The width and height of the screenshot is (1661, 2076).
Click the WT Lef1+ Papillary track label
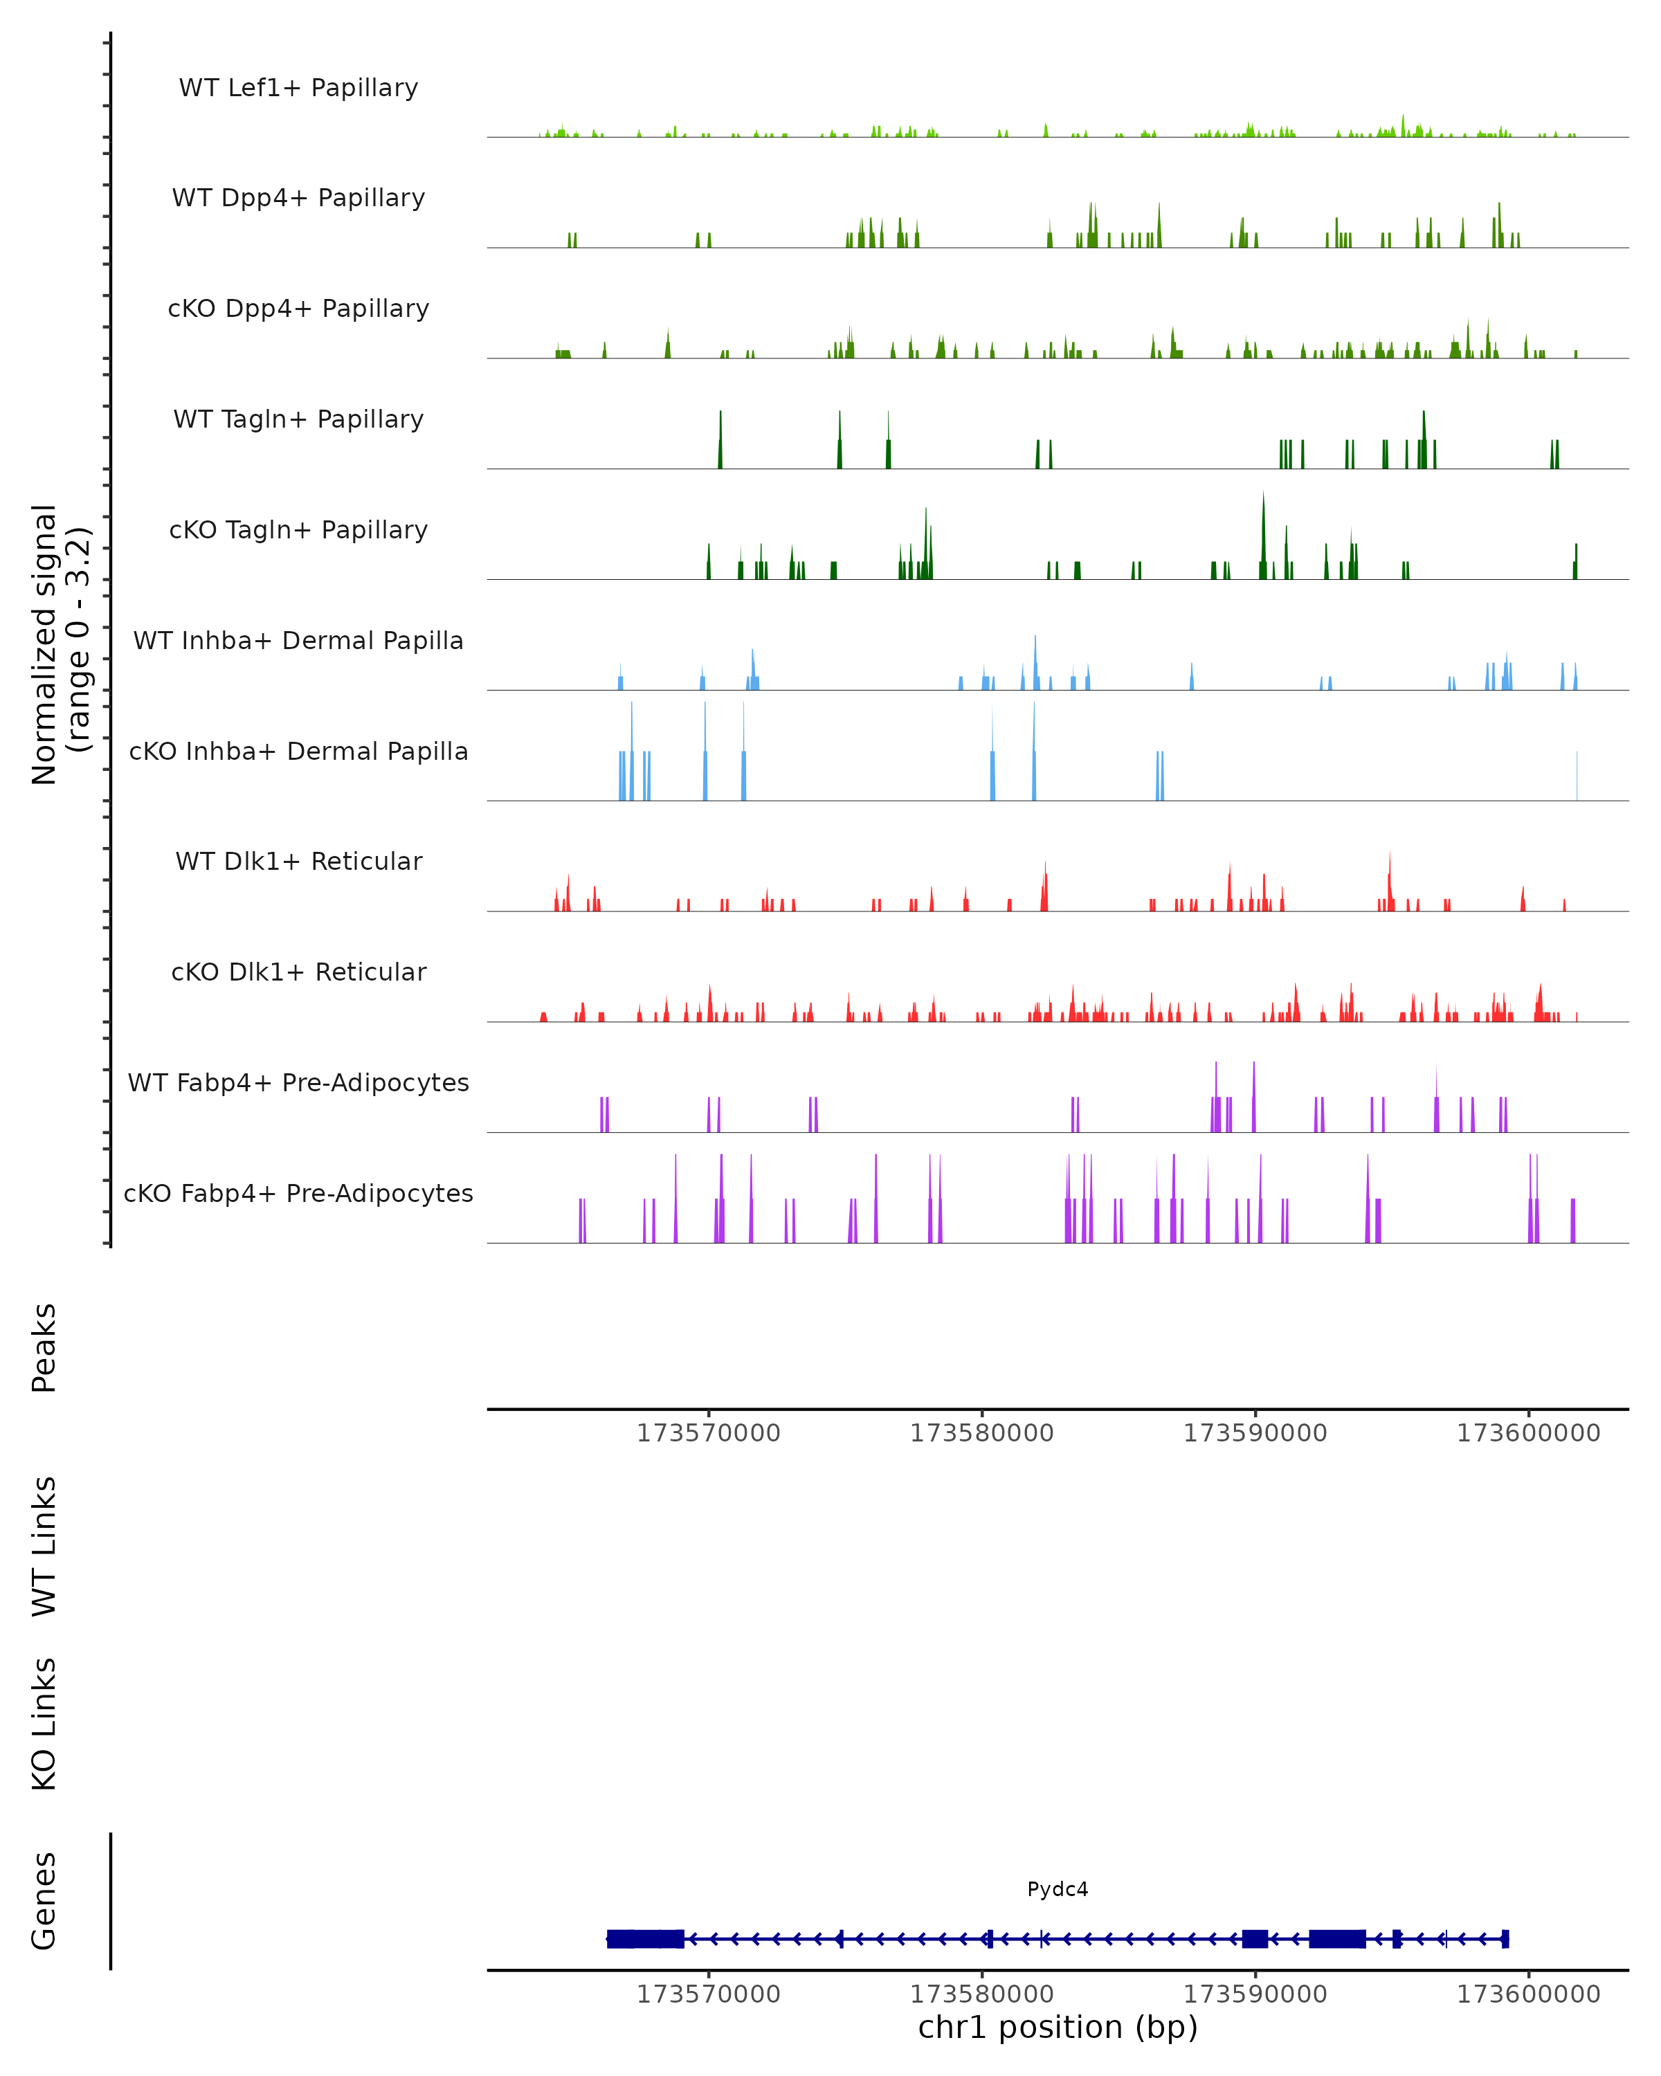pyautogui.click(x=298, y=88)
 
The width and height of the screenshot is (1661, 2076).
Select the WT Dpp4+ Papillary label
pyautogui.click(x=298, y=199)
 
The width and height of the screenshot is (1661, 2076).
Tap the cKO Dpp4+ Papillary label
pyautogui.click(x=298, y=309)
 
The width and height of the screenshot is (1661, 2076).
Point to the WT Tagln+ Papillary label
pyautogui.click(x=298, y=420)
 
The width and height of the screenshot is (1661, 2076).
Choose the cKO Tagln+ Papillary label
pyautogui.click(x=298, y=531)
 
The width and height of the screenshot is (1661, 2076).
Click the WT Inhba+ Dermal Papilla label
pyautogui.click(x=298, y=641)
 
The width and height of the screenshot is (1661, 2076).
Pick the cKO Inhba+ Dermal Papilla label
pyautogui.click(x=298, y=752)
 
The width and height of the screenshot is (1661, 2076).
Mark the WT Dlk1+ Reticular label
pyautogui.click(x=298, y=862)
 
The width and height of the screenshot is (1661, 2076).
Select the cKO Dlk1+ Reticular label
pyautogui.click(x=298, y=972)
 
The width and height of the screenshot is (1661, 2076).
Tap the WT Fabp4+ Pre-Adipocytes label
pyautogui.click(x=298, y=1083)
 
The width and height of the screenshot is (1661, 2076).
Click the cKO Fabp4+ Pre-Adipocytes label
pyautogui.click(x=298, y=1194)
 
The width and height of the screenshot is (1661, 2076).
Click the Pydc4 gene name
pyautogui.click(x=1058, y=1890)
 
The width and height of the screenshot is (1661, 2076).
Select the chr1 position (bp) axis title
pyautogui.click(x=1058, y=2028)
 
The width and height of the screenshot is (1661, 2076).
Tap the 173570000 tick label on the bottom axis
pyautogui.click(x=709, y=1994)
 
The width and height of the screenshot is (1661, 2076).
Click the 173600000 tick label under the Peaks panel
pyautogui.click(x=1528, y=1434)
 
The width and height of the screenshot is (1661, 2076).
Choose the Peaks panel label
pyautogui.click(x=44, y=1348)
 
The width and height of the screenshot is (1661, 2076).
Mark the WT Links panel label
pyautogui.click(x=44, y=1547)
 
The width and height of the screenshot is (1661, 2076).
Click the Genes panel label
pyautogui.click(x=44, y=1901)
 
